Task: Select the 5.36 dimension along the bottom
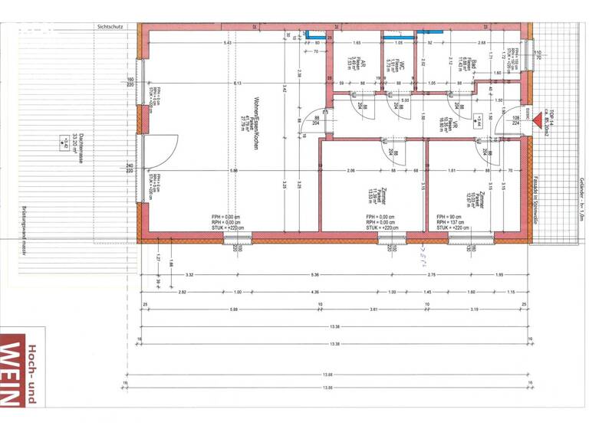314,274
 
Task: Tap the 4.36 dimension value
314,292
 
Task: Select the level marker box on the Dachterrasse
60,142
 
